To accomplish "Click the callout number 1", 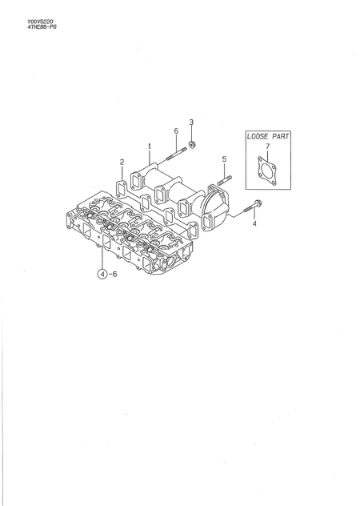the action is click(x=149, y=147).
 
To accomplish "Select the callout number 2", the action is click(x=122, y=163).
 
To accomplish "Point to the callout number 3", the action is click(x=191, y=122).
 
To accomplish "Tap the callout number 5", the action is click(x=224, y=159).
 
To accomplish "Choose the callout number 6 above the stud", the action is click(x=175, y=131).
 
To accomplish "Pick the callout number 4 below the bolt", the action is click(x=254, y=225).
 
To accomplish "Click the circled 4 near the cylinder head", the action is click(x=102, y=274).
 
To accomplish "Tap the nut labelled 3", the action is click(x=192, y=145).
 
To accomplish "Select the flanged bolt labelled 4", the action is click(x=251, y=206).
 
